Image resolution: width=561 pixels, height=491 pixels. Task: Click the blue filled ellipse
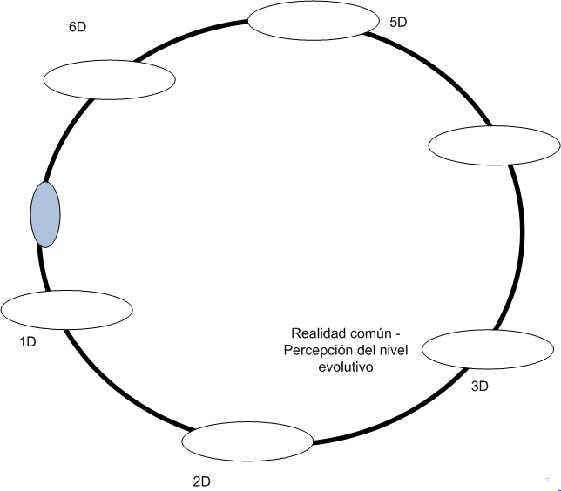(45, 214)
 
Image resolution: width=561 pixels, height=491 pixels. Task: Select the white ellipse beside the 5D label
(314, 20)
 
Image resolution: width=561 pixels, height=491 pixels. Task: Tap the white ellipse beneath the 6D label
(110, 80)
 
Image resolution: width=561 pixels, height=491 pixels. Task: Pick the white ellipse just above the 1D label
(66, 310)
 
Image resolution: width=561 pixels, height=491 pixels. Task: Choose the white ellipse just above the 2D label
(247, 441)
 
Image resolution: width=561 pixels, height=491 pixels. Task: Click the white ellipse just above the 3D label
(488, 349)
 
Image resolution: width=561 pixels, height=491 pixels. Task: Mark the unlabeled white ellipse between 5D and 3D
(495, 145)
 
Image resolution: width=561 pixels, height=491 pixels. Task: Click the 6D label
(78, 27)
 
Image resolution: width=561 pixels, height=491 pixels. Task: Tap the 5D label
(398, 22)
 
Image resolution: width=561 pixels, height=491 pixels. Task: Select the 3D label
(480, 387)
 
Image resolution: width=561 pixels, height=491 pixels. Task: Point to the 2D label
(202, 481)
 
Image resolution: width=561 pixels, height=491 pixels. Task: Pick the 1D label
(28, 342)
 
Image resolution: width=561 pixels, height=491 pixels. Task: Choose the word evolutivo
(346, 367)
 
